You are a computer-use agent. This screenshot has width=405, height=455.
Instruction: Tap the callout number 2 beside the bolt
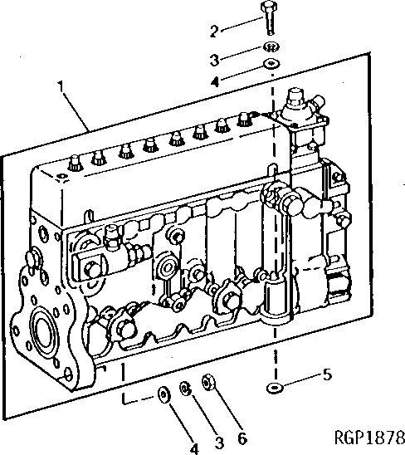pyautogui.click(x=213, y=32)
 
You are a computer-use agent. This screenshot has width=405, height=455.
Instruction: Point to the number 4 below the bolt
pyautogui.click(x=213, y=81)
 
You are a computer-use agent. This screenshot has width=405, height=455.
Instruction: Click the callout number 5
pyautogui.click(x=327, y=374)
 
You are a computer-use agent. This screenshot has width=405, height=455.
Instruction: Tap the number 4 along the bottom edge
pyautogui.click(x=194, y=448)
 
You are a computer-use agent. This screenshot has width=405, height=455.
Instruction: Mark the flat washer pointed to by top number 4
pyautogui.click(x=270, y=65)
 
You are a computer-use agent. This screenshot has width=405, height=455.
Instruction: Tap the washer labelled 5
pyautogui.click(x=274, y=388)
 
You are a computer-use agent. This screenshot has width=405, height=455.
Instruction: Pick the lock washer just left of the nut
pyautogui.click(x=188, y=388)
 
